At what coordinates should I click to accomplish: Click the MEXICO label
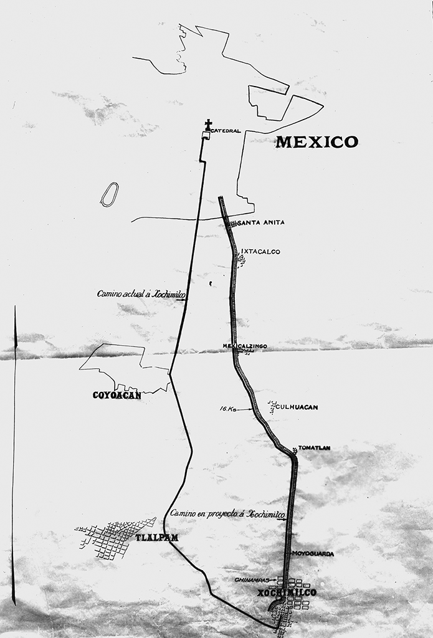pyautogui.click(x=316, y=142)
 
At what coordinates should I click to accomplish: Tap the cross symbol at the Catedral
pyautogui.click(x=208, y=125)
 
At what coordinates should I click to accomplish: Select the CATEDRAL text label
pyautogui.click(x=226, y=131)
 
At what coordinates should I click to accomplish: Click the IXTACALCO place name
pyautogui.click(x=260, y=252)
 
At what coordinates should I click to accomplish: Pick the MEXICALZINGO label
pyautogui.click(x=245, y=346)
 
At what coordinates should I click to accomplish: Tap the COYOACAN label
pyautogui.click(x=117, y=394)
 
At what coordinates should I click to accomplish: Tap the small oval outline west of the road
pyautogui.click(x=109, y=194)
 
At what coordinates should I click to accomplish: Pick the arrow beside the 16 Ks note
pyautogui.click(x=244, y=409)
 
